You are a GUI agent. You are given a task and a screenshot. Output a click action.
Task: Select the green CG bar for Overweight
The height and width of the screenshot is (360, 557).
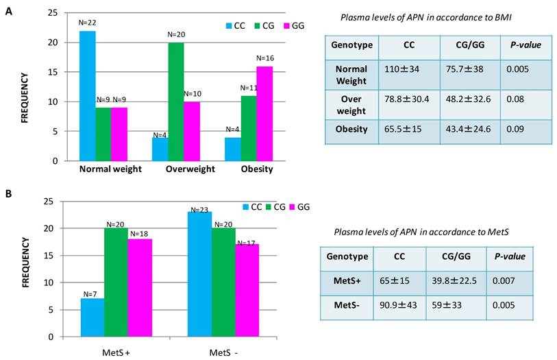coord(176,101)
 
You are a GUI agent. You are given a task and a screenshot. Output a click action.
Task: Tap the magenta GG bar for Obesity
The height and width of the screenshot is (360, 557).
coord(265,113)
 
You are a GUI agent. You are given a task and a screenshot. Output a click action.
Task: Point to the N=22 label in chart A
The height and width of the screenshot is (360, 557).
coord(87,23)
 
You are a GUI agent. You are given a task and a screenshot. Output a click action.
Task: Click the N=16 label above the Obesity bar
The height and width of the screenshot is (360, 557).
coord(265,59)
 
